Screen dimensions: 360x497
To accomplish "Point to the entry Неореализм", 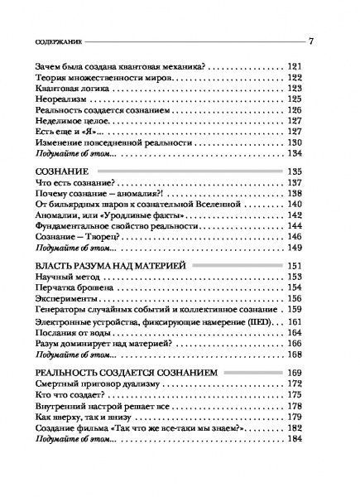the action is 78,100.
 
